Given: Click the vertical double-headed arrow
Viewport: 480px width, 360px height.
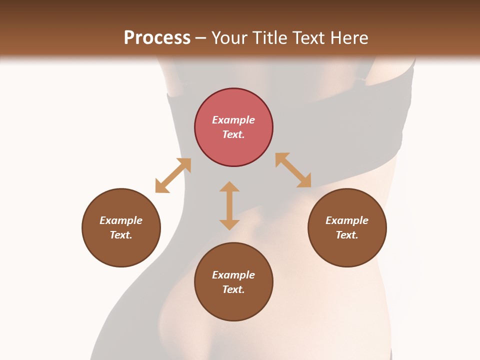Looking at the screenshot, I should click(229, 205).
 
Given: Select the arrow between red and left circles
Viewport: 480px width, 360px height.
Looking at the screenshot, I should click(173, 175).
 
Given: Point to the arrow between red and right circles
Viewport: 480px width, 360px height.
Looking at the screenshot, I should click(293, 170).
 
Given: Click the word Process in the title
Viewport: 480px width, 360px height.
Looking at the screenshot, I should click(157, 38).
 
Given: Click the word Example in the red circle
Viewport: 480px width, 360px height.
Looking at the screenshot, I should click(233, 120).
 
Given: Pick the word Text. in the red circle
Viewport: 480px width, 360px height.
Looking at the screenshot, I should click(233, 134).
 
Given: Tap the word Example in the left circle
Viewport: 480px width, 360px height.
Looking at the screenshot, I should click(121, 220).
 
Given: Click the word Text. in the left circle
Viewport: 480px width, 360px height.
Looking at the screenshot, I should click(121, 235).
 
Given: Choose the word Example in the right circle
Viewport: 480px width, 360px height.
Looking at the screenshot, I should click(347, 220).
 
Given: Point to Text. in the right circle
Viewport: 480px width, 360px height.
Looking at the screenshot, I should click(347, 235).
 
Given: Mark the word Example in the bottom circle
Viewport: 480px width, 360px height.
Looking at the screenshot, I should click(233, 275).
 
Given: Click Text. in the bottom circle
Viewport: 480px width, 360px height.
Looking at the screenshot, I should click(233, 289).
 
